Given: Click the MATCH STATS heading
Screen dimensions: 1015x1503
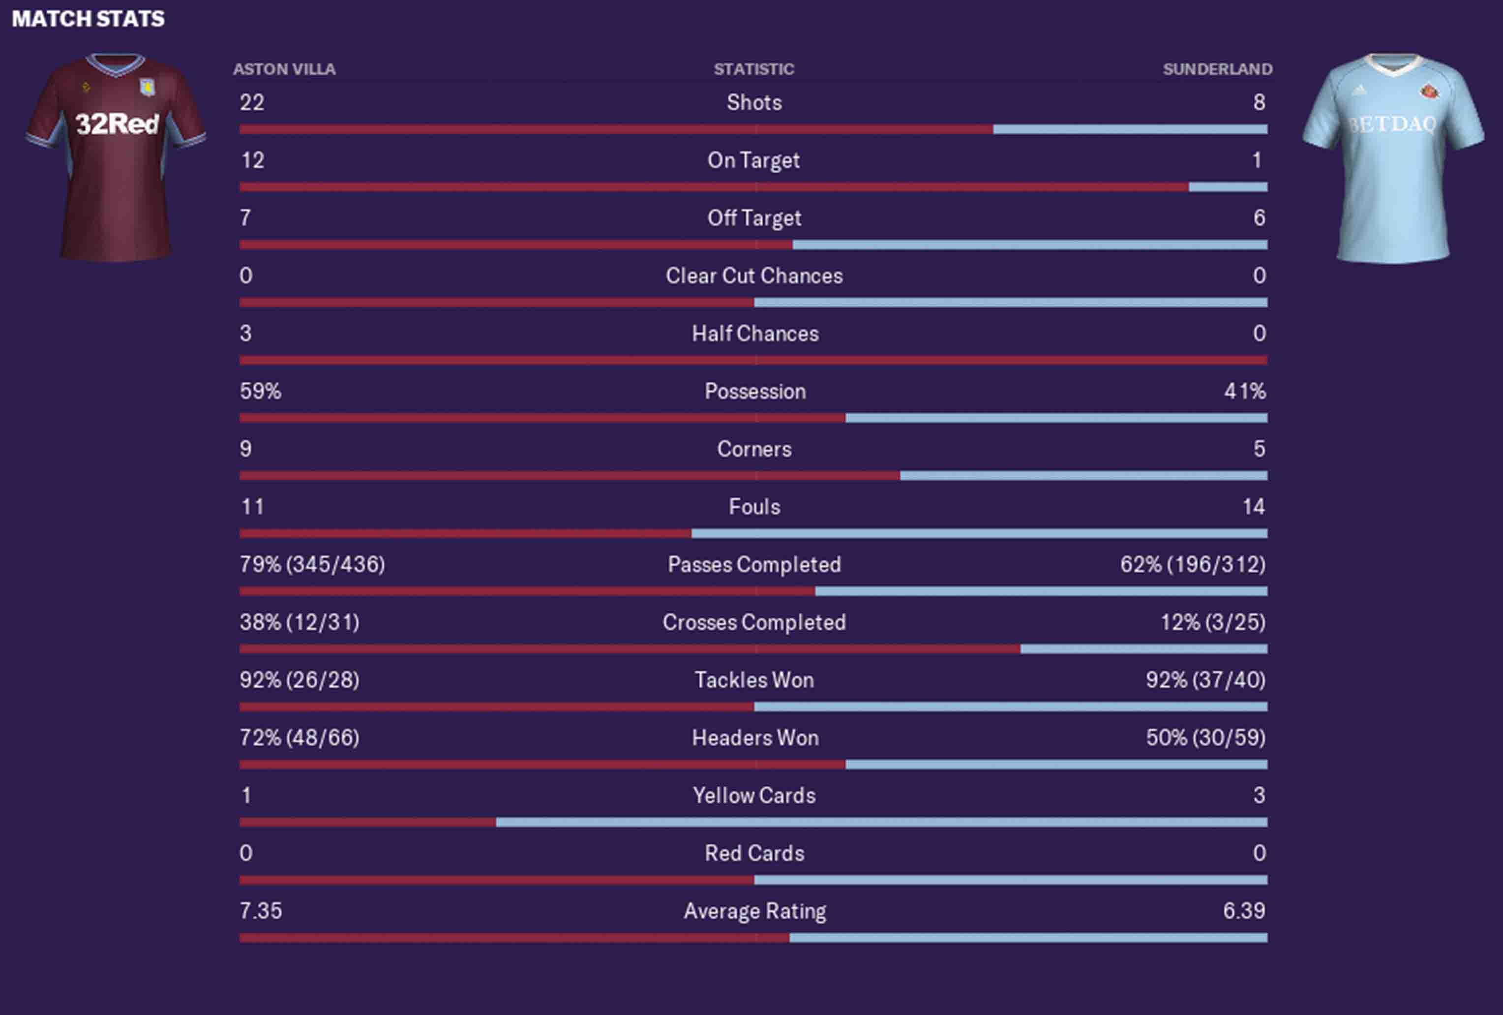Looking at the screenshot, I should click(88, 19).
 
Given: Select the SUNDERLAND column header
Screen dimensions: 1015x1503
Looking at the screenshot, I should click(1217, 69).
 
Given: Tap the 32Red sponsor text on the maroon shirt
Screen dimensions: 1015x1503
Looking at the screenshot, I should click(117, 123).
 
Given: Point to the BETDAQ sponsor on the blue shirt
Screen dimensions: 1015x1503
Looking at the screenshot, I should click(1393, 123).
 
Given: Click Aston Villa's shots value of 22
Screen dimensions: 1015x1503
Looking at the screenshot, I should click(252, 102).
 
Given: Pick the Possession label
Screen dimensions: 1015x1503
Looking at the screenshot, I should click(755, 391).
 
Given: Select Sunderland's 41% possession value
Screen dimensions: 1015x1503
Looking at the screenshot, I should click(1244, 391).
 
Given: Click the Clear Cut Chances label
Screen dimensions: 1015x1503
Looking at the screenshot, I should click(754, 276).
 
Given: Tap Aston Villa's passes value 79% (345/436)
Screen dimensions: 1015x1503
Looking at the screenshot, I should click(312, 565).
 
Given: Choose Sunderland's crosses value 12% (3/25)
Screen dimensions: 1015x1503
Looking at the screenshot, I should click(1213, 622).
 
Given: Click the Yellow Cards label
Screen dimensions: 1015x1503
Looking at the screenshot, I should click(754, 796).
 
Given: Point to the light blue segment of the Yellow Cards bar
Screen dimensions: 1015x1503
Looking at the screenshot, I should click(881, 823).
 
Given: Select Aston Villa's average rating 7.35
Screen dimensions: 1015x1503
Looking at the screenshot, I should click(261, 911).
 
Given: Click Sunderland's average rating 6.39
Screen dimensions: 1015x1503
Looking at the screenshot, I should click(1244, 911).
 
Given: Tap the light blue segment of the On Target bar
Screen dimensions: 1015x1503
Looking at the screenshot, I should click(1228, 187).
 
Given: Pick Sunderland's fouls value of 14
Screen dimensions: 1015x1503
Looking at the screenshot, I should click(1253, 507).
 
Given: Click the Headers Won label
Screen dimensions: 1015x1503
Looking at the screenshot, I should click(755, 738).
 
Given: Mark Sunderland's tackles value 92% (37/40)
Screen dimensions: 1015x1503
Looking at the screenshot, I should click(1205, 680).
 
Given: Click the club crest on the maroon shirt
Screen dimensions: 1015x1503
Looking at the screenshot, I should click(148, 87).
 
